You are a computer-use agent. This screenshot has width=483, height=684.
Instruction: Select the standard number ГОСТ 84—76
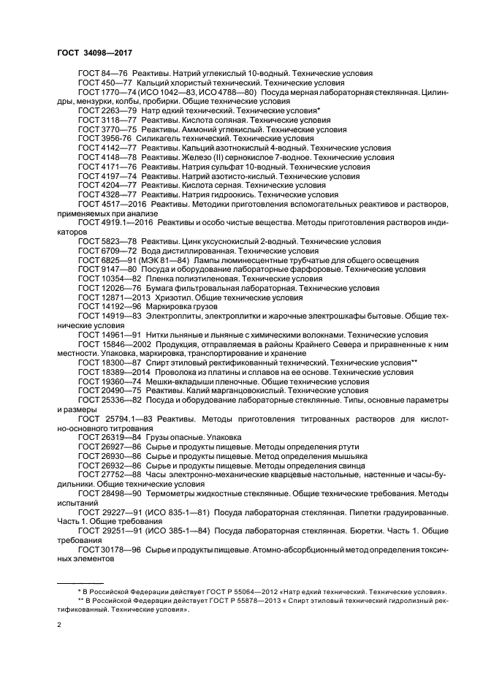pos(103,74)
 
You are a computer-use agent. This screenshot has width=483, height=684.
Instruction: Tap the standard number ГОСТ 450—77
pos(105,83)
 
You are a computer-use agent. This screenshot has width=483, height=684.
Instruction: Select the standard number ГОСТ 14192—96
pos(110,307)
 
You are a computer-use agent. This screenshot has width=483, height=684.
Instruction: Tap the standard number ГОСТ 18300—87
pos(110,362)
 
